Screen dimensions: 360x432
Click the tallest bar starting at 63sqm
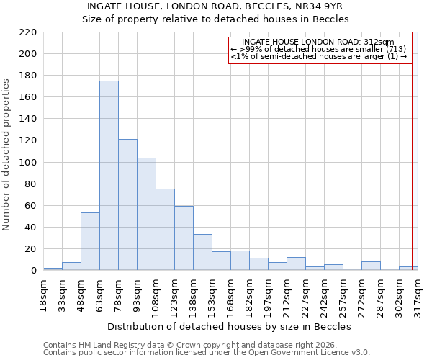109,176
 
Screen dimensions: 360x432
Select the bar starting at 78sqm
127,204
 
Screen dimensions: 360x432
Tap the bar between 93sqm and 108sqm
146,214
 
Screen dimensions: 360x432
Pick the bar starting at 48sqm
90,241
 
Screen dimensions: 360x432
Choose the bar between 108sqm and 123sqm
165,229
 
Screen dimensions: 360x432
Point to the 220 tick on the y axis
28,32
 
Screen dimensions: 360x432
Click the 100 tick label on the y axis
28,162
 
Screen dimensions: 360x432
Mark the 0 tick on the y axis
33,271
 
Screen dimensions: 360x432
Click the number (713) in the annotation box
397,49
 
